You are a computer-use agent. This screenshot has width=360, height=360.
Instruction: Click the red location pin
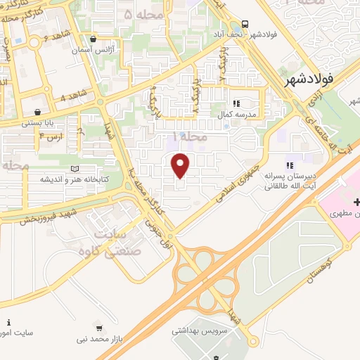click(x=181, y=165)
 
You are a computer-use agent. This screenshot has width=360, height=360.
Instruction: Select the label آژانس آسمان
click(x=96, y=51)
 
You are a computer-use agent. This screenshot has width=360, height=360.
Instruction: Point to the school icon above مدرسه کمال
click(x=236, y=103)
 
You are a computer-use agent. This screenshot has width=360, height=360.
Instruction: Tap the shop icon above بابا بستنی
click(x=37, y=111)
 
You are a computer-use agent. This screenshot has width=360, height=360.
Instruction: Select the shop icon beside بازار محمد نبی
click(x=98, y=327)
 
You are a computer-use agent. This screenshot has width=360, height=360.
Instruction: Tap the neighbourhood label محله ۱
click(x=190, y=137)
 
